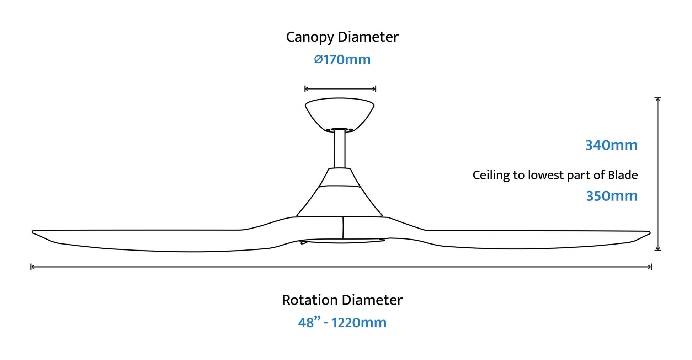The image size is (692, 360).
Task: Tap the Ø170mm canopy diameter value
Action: tap(342, 59)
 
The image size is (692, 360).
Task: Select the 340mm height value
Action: tap(611, 145)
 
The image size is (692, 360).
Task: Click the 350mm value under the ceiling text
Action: tap(612, 196)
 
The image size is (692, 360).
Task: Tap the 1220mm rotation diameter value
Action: tap(359, 323)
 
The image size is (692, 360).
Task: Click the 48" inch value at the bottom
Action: tap(309, 323)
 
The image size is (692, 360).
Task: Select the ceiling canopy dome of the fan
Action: tap(340, 114)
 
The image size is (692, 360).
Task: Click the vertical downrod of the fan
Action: tap(340, 149)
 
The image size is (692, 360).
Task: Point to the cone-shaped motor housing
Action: tap(340, 192)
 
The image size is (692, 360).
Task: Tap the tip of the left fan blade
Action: tap(33, 232)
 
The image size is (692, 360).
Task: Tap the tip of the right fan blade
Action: tap(650, 233)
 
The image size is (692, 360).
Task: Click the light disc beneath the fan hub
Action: tap(342, 241)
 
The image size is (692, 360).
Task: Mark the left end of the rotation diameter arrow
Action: tap(31, 267)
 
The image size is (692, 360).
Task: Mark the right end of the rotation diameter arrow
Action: tap(651, 267)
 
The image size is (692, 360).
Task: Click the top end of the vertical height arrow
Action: tap(658, 98)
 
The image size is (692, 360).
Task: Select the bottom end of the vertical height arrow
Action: tap(658, 250)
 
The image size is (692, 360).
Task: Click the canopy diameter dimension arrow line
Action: tap(340, 89)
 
